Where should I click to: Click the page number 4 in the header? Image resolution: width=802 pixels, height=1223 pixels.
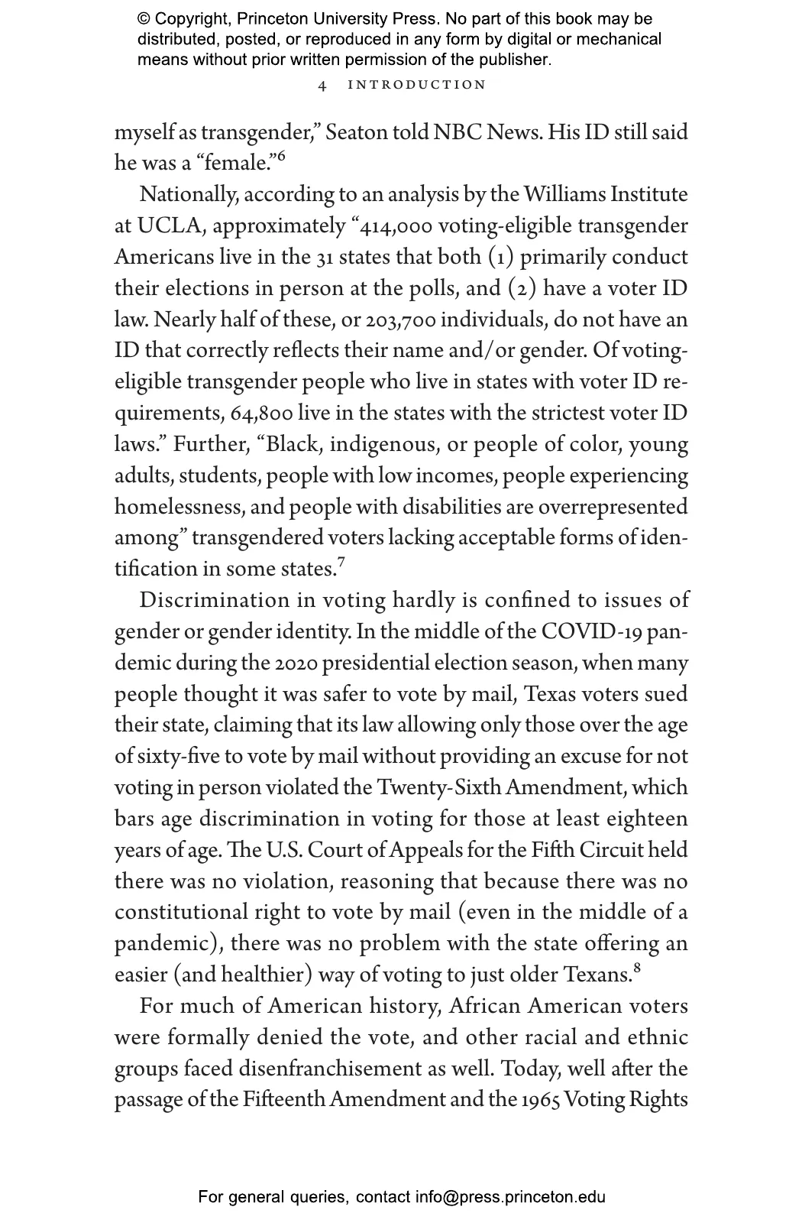click(322, 86)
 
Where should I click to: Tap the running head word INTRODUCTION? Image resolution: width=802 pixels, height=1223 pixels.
click(416, 85)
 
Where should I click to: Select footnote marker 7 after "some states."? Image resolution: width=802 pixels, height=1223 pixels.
click(341, 563)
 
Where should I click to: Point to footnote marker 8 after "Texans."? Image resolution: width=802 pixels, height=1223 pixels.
click(637, 969)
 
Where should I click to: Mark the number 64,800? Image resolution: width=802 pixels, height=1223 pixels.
click(261, 414)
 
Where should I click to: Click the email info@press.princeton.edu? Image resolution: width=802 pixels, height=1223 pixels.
click(510, 1197)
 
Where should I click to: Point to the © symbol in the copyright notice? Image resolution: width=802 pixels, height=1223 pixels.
click(143, 19)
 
